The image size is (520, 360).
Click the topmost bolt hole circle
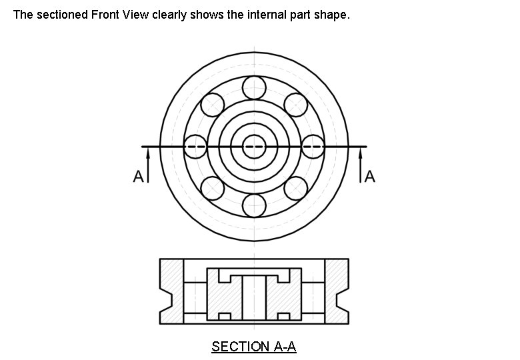click(x=254, y=87)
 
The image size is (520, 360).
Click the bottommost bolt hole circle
click(x=254, y=205)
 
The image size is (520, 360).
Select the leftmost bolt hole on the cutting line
click(x=195, y=146)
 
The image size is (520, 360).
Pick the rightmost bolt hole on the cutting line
click(x=313, y=146)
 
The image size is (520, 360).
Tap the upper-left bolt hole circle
click(x=212, y=104)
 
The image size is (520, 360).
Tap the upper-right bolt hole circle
click(x=295, y=104)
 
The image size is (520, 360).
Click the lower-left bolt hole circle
click(x=212, y=188)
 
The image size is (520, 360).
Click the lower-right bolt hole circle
click(x=295, y=188)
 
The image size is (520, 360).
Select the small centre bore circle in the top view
click(x=254, y=146)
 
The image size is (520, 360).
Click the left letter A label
click(x=138, y=177)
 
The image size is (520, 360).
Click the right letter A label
click(x=370, y=177)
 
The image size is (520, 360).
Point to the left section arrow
click(x=148, y=163)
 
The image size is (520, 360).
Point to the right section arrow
click(x=361, y=163)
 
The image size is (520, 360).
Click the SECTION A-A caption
click(x=253, y=347)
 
